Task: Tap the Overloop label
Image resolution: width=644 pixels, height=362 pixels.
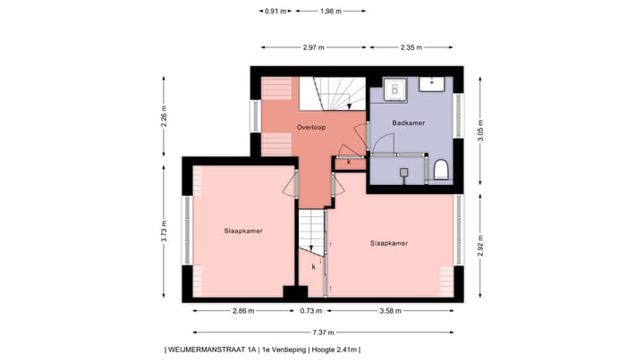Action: coord(311,128)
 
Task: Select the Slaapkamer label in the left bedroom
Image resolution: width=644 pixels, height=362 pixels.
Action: coord(243,230)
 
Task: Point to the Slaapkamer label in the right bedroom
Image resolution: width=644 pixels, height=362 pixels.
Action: coord(389,242)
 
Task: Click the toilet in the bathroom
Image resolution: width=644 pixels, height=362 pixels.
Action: coord(441,170)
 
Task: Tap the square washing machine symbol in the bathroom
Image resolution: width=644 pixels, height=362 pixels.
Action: coord(395,88)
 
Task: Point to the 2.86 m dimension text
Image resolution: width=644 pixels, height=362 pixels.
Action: coord(242,312)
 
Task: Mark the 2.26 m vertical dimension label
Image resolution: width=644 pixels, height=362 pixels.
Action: coord(164,119)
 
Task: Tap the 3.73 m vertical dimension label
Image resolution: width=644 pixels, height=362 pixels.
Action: coord(164,230)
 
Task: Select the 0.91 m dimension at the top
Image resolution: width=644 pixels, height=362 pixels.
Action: coord(275,11)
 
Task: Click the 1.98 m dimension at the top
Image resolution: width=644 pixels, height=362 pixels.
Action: coord(331,11)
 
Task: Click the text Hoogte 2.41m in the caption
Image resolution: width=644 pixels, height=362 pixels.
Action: coord(335,349)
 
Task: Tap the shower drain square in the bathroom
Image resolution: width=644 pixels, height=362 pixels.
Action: coord(403,170)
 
